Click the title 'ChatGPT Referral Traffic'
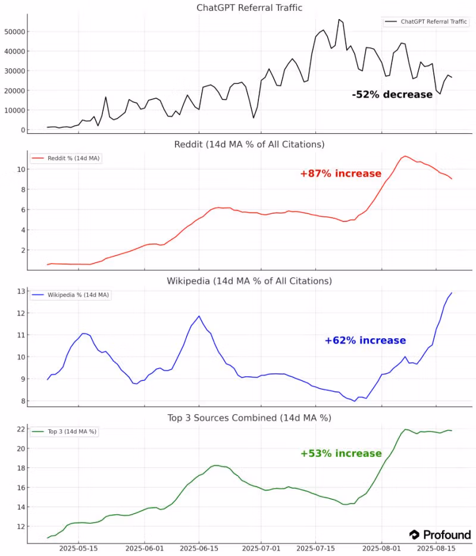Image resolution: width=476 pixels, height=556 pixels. (x=249, y=8)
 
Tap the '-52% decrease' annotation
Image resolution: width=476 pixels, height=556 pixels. (x=392, y=94)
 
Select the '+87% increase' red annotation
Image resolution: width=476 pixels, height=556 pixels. (x=340, y=174)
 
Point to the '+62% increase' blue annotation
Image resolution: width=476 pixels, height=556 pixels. (x=365, y=341)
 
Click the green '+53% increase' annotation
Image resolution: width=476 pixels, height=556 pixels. (x=341, y=454)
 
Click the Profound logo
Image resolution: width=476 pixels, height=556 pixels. (x=440, y=535)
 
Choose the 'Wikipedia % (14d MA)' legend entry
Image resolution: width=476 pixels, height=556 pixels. (x=70, y=295)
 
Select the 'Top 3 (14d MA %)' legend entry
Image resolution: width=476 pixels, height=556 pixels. (x=64, y=432)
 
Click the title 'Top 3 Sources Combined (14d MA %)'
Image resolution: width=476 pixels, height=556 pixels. (x=249, y=418)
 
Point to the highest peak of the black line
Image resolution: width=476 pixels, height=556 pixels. (x=339, y=19)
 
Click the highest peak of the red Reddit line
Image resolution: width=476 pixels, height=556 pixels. (x=405, y=156)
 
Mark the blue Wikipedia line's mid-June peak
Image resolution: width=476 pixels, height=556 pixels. (x=199, y=316)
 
